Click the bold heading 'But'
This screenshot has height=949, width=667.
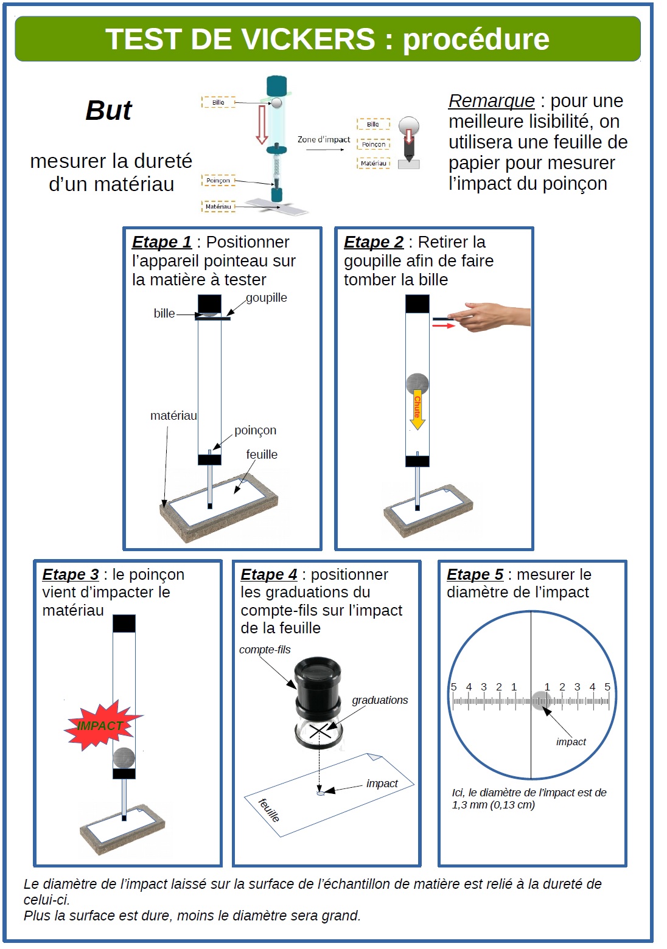[x=108, y=111]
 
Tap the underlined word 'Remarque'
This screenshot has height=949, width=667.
[x=491, y=101]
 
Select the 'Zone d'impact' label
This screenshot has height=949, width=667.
[x=324, y=140]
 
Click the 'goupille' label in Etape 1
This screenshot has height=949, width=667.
[x=267, y=297]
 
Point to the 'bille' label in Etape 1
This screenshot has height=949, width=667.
[x=164, y=313]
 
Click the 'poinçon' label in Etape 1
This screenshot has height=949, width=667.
[x=255, y=430]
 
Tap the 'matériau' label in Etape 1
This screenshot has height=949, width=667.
[x=173, y=415]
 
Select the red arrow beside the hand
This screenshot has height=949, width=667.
[x=444, y=326]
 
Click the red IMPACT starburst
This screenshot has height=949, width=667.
[x=101, y=725]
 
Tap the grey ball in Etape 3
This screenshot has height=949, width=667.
[x=124, y=758]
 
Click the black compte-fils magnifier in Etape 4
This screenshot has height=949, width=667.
[x=318, y=688]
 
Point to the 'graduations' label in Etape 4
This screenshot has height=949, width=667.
[x=380, y=700]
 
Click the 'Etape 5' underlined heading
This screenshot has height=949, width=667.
[x=475, y=574]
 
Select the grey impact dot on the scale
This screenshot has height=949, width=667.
[x=540, y=701]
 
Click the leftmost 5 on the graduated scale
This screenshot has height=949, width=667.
[x=453, y=687]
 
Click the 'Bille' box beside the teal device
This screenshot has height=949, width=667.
[x=218, y=102]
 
